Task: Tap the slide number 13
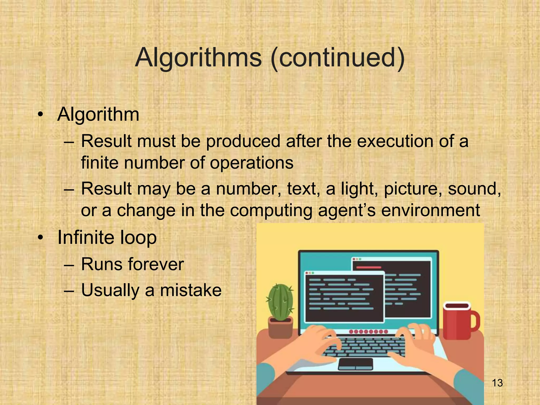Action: [x=497, y=383]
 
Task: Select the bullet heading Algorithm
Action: [x=98, y=115]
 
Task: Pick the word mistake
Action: [x=191, y=290]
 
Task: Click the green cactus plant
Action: [x=281, y=302]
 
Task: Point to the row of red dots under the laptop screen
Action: [x=368, y=331]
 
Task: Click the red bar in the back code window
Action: [x=369, y=268]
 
